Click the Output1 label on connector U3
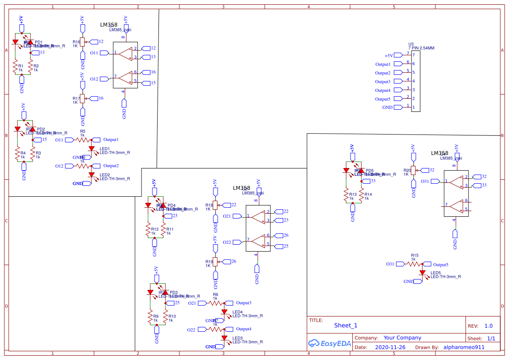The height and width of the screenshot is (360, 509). pyautogui.click(x=383, y=64)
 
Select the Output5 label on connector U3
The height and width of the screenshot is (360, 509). pyautogui.click(x=383, y=99)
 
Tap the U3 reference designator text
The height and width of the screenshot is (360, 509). pyautogui.click(x=411, y=44)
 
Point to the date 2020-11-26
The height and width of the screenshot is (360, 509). pyautogui.click(x=390, y=347)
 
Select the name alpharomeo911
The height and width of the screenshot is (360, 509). pyautogui.click(x=464, y=347)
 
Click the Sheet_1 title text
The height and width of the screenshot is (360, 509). pyautogui.click(x=346, y=325)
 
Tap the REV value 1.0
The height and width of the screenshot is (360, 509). pyautogui.click(x=489, y=326)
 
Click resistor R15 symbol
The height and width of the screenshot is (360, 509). pyautogui.click(x=415, y=264)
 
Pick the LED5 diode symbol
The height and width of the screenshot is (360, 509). pyautogui.click(x=422, y=273)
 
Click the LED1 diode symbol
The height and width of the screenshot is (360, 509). pyautogui.click(x=91, y=148)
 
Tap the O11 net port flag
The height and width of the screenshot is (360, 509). pyautogui.click(x=104, y=53)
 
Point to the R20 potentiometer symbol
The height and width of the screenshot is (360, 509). pyautogui.click(x=413, y=170)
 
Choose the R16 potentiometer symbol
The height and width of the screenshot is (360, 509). pyautogui.click(x=82, y=42)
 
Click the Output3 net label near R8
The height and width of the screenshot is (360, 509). pyautogui.click(x=243, y=303)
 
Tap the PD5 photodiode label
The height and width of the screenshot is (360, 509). pyautogui.click(x=370, y=170)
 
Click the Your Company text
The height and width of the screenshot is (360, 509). pyautogui.click(x=402, y=338)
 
